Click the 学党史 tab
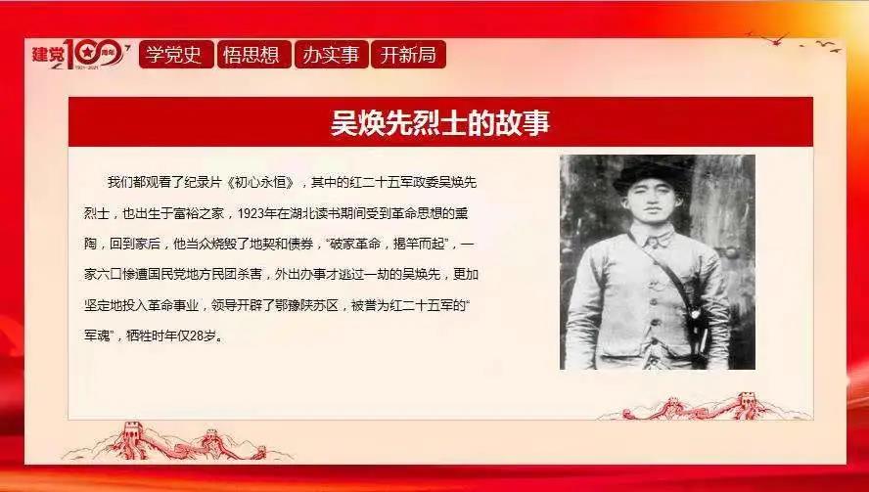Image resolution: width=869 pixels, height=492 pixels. click(x=176, y=55)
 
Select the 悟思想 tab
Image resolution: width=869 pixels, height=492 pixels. click(x=253, y=55)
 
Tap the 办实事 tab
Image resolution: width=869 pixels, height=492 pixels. click(x=331, y=55)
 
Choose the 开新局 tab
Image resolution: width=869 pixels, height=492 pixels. click(x=408, y=55)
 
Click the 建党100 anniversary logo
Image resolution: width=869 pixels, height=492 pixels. click(x=81, y=55)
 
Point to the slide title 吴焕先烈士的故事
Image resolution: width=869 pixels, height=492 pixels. click(x=440, y=122)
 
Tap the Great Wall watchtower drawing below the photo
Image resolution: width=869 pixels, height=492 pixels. click(x=747, y=403)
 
